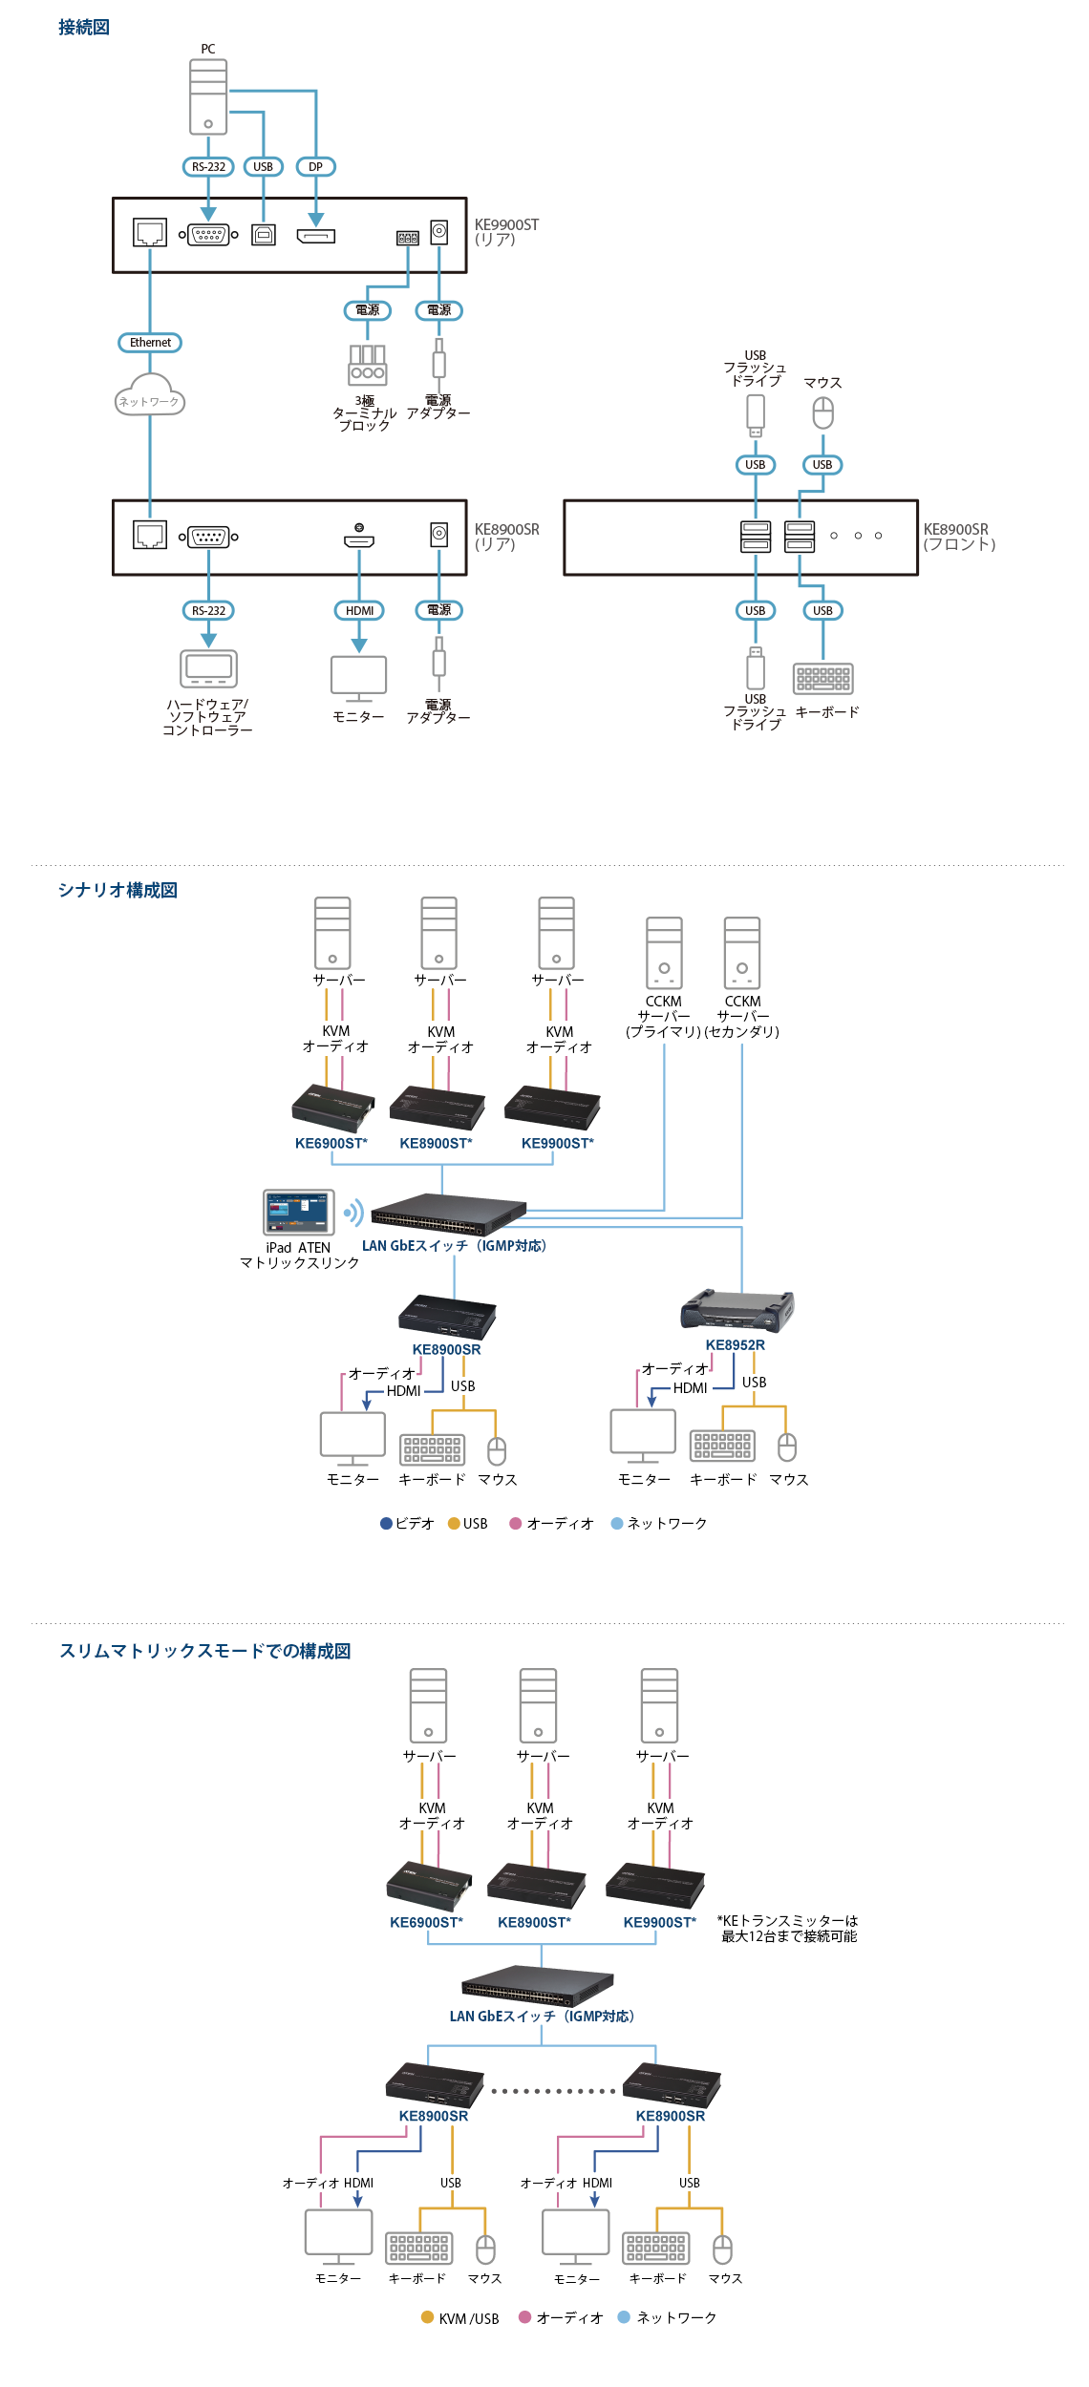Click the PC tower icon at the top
[208, 96]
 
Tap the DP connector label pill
[315, 167]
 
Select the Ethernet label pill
[150, 343]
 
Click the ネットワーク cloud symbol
[150, 396]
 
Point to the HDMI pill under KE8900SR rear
[359, 611]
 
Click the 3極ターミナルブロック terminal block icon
[367, 365]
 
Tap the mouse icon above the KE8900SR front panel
[822, 413]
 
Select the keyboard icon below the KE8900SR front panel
[822, 679]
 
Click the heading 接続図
[84, 28]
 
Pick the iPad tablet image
[299, 1213]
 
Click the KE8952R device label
[735, 1345]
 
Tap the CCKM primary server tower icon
[664, 952]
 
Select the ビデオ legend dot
[387, 1524]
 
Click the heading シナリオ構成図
[117, 891]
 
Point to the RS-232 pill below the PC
[208, 167]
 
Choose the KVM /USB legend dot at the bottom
[428, 2317]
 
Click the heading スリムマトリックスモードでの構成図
[205, 1652]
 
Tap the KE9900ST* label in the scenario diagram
[558, 1144]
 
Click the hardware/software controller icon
[208, 667]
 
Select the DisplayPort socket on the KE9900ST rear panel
[316, 236]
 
